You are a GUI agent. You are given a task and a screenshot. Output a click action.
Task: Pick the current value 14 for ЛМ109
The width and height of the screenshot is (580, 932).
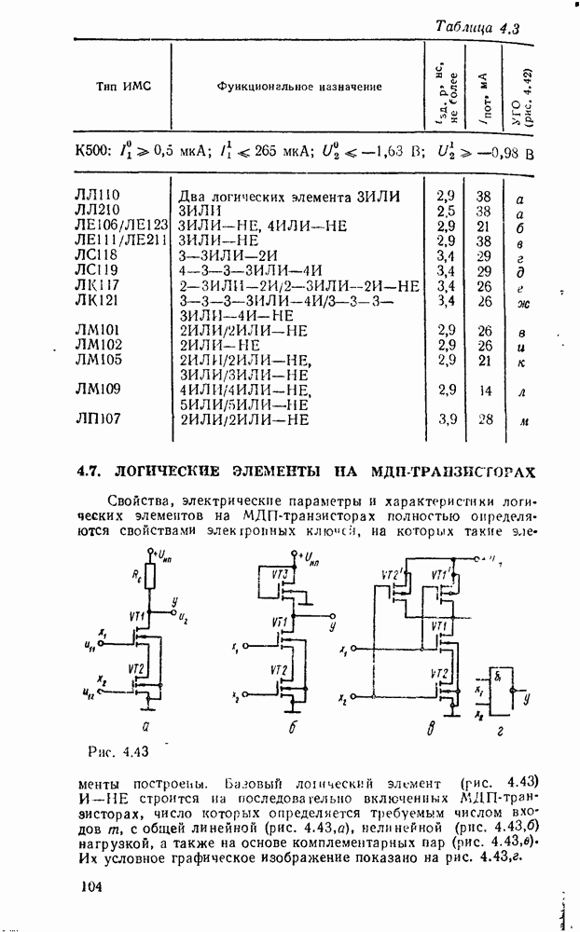click(484, 391)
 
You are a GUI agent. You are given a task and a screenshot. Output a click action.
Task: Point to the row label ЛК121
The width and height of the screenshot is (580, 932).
click(97, 300)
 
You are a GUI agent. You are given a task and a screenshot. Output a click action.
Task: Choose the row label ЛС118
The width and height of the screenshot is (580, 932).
click(96, 255)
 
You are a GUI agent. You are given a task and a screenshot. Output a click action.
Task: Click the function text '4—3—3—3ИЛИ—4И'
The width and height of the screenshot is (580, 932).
click(235, 270)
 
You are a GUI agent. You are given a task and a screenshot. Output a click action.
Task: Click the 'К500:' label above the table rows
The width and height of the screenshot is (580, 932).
click(92, 151)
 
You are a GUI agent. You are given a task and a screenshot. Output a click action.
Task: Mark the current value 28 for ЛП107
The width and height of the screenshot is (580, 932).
click(484, 419)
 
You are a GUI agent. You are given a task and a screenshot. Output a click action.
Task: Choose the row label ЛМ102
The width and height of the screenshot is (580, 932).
click(98, 345)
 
